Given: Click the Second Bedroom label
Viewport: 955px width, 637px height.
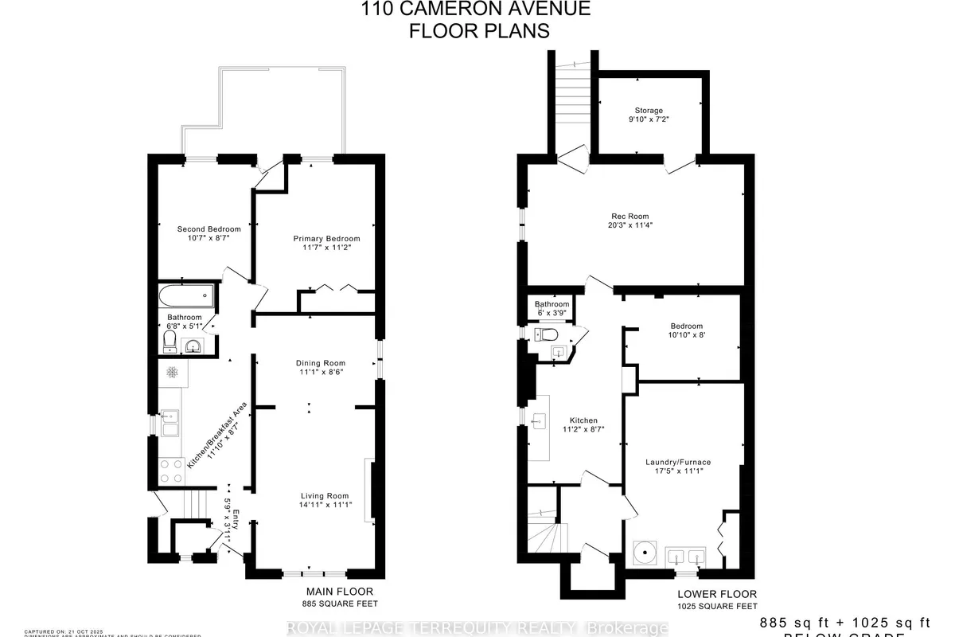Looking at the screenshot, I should click(x=208, y=229).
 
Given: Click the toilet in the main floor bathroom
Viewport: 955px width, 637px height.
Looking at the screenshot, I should click(x=169, y=342).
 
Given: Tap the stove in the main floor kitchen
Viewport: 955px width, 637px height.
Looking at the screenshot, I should click(x=171, y=471).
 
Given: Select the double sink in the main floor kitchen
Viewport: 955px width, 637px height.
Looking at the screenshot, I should click(x=170, y=423).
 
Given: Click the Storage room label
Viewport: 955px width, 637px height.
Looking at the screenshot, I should click(x=649, y=111).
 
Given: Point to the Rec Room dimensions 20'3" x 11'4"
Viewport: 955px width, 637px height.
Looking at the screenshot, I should click(x=630, y=225).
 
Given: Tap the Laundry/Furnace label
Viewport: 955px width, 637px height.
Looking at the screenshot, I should click(x=678, y=462).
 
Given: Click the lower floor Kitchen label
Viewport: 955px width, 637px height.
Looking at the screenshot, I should click(x=583, y=420).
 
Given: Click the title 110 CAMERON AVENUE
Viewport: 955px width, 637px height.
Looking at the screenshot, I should click(x=477, y=10).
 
